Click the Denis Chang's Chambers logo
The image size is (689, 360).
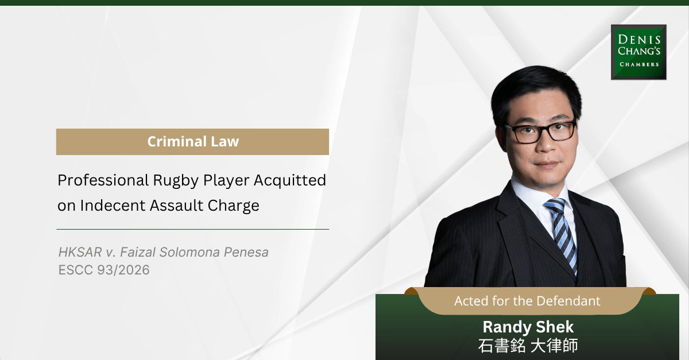point(638,52)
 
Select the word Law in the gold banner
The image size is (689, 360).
point(225,142)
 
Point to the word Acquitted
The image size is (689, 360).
point(290,180)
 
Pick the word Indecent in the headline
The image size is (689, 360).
point(113,206)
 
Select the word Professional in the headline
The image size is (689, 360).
point(103,180)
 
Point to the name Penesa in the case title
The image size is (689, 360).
point(246,252)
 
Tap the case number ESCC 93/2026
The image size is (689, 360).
point(104,270)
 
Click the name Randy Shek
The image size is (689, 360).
point(528,327)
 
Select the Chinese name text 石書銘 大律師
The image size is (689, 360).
point(528,346)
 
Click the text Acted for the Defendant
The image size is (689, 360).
point(527,301)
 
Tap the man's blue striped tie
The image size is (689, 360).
point(562,234)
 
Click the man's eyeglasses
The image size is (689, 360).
point(540,131)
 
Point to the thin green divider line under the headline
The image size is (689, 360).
point(193,229)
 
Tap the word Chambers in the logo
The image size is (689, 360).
point(639,64)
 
